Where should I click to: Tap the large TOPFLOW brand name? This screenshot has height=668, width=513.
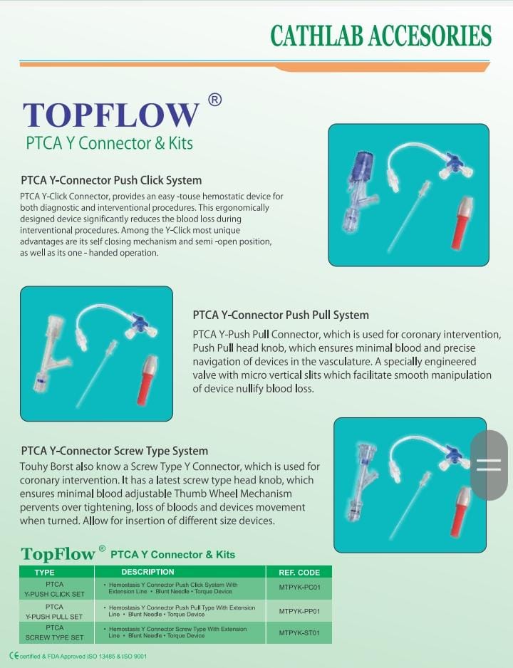coord(110,115)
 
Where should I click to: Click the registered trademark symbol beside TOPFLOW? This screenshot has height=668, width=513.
coord(214,100)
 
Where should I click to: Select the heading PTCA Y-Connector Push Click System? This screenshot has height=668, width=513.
coord(111,180)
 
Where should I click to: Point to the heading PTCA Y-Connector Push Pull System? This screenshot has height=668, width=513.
coord(281,315)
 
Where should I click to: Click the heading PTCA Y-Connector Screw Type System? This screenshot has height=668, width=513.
coord(115,451)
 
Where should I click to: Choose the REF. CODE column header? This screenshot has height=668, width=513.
coord(299,573)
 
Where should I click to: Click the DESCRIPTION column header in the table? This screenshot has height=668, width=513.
coord(147,572)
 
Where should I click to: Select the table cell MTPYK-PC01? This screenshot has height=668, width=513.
coord(299,588)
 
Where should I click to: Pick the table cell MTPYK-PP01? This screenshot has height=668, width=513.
coord(299,611)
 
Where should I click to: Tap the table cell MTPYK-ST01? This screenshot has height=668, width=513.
coord(299,632)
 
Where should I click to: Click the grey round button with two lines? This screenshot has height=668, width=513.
coord(489,465)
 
